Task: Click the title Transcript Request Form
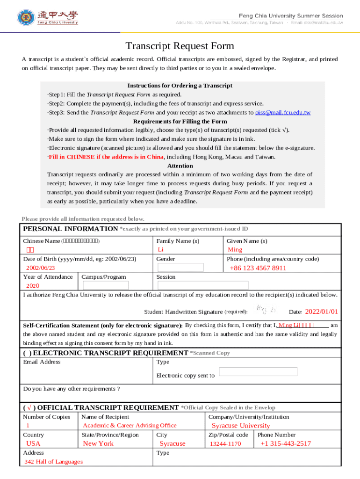(180, 46)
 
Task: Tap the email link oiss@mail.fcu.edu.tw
(283, 113)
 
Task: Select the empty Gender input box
(180, 268)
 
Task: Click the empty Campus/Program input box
(105, 285)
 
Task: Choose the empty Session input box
(202, 285)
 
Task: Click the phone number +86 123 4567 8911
(258, 268)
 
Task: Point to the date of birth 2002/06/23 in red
(40, 268)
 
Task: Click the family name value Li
(161, 250)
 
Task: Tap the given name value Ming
(235, 250)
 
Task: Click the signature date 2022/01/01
(321, 312)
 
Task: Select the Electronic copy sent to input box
(258, 371)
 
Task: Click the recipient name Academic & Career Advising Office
(130, 425)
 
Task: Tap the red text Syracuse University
(241, 426)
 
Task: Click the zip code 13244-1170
(225, 444)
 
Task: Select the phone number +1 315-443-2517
(285, 443)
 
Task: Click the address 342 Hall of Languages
(53, 462)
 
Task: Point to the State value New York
(98, 443)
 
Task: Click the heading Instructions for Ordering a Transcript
(180, 86)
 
